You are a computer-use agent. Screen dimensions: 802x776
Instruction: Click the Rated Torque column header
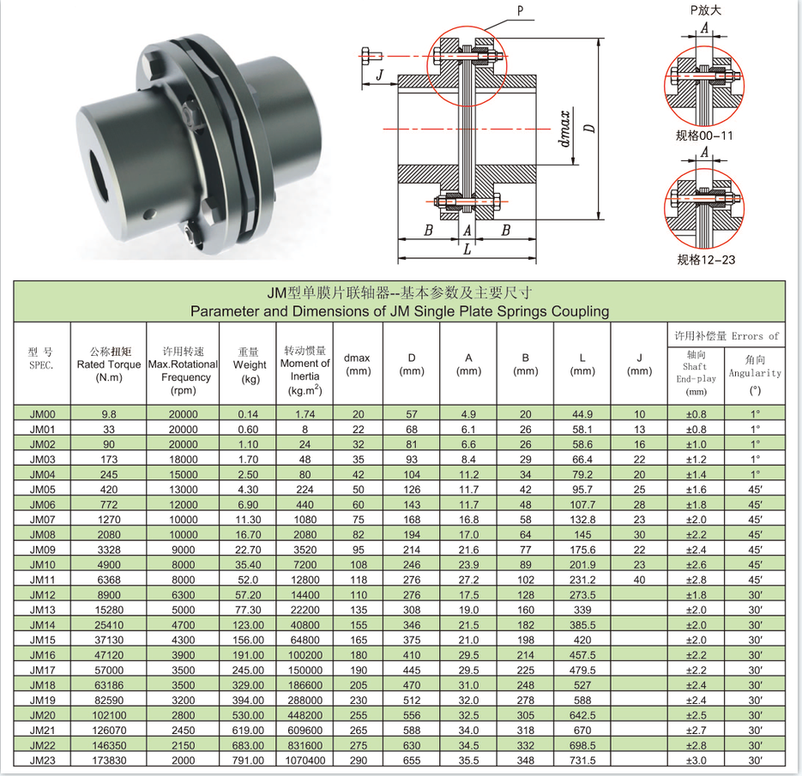point(109,364)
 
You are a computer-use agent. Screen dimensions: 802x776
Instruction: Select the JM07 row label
point(42,520)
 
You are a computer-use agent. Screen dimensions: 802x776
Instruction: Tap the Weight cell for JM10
point(248,564)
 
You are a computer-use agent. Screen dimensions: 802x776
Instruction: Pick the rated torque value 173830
point(109,761)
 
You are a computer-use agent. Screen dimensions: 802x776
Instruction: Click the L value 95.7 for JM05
point(582,490)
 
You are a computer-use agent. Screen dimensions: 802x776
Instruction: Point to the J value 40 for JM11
point(639,580)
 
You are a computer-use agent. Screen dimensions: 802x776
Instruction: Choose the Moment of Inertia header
point(305,370)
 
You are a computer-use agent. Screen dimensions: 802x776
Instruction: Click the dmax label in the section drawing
point(565,129)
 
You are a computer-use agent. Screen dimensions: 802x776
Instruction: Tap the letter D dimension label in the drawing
point(590,129)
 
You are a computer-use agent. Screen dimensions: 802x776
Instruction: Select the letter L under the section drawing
point(467,250)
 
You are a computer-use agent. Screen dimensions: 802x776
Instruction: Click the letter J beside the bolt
point(379,75)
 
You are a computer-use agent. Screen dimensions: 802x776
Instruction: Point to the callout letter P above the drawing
point(520,11)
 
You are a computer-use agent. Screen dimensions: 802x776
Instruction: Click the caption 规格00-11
point(704,135)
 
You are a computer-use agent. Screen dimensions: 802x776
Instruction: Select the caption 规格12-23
point(706,260)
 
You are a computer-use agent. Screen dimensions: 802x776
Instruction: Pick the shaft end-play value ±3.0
point(696,761)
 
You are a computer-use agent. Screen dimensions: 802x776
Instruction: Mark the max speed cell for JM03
point(183,459)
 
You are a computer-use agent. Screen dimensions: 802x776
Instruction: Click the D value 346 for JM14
point(412,625)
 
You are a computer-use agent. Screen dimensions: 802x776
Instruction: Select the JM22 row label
point(42,745)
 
